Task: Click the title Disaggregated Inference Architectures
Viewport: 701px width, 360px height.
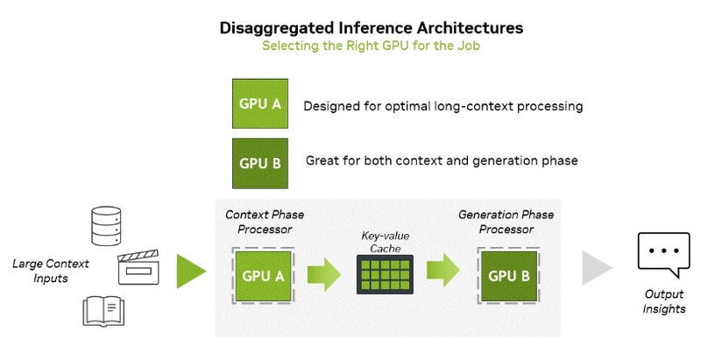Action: click(371, 27)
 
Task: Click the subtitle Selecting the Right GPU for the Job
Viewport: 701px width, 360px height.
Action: click(371, 46)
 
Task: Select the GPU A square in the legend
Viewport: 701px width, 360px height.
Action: click(260, 104)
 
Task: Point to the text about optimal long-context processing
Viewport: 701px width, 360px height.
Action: click(443, 106)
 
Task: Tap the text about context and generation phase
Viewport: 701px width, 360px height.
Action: click(442, 161)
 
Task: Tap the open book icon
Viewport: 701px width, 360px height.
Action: click(105, 312)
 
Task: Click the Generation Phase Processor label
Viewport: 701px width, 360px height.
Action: click(506, 222)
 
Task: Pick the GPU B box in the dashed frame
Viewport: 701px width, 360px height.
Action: click(507, 276)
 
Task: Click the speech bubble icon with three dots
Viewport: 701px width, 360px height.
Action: click(663, 253)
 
